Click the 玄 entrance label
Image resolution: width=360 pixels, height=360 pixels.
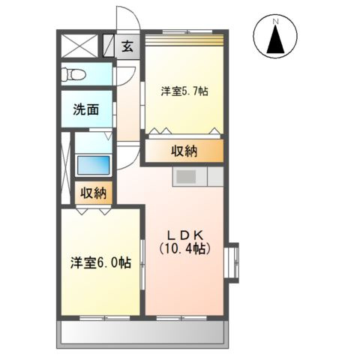127,46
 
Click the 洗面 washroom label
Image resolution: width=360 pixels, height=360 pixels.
86,110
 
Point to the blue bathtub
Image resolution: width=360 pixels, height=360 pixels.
93,163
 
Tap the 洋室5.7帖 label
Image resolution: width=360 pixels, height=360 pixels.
184,91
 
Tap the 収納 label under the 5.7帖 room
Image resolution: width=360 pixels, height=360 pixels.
184,151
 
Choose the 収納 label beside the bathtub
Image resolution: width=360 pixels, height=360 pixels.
94,193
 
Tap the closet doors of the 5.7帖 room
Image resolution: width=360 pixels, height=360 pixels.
184,133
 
